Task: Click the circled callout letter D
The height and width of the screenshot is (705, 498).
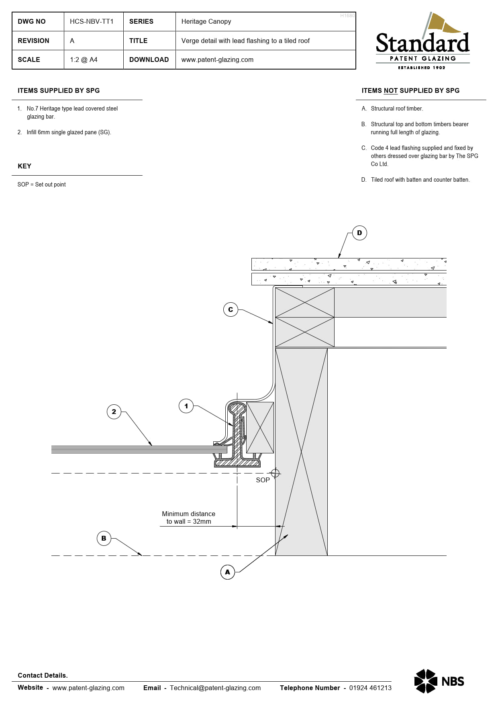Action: tap(359, 233)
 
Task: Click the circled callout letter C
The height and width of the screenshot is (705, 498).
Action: tap(231, 309)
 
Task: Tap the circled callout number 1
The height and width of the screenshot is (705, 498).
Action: tap(186, 406)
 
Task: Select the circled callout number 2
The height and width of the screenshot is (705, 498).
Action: tap(114, 412)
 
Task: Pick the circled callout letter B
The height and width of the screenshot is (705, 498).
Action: tap(104, 538)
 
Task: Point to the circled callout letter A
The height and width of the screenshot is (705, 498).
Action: tap(228, 572)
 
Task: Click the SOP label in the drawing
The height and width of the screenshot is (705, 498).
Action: tap(263, 480)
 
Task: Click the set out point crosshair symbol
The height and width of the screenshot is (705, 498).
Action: tap(275, 473)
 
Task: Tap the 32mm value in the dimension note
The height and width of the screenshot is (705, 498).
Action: tap(202, 522)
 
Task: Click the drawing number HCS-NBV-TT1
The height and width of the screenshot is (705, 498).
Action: tap(92, 21)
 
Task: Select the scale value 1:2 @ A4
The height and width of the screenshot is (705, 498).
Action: tap(84, 59)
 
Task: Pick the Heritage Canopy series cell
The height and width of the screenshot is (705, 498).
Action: tap(206, 21)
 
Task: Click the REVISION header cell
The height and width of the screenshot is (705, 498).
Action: tap(33, 41)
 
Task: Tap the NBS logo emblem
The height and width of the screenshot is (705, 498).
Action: tap(425, 681)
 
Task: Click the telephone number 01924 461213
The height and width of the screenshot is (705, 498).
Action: tap(370, 688)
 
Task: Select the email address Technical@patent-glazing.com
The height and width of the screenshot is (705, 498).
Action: tap(215, 688)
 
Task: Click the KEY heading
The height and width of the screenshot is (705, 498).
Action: tap(24, 166)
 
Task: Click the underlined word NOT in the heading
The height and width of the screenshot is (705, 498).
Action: tap(390, 90)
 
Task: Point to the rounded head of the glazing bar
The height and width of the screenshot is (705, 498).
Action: tap(237, 408)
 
